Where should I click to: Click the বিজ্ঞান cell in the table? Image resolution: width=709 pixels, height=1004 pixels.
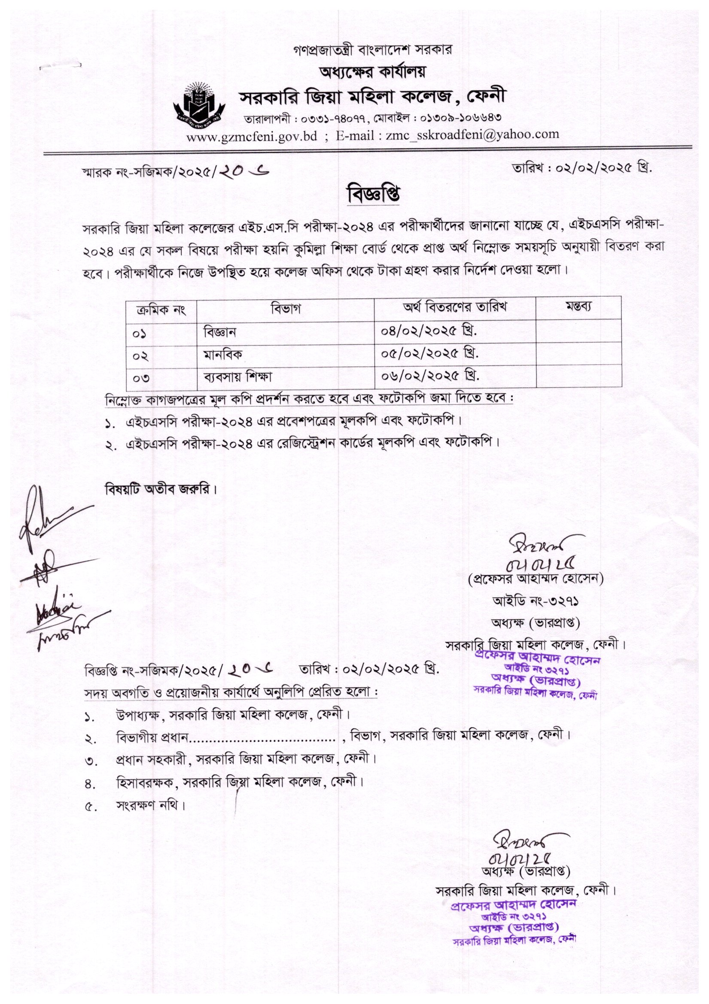point(220,332)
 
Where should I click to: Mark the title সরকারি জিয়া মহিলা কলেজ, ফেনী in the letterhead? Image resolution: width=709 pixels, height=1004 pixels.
point(374,98)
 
